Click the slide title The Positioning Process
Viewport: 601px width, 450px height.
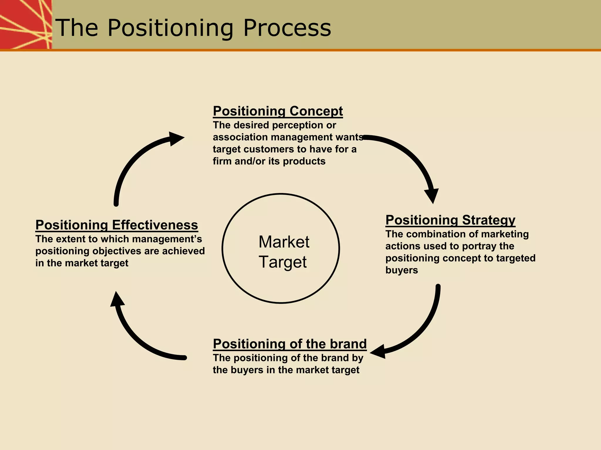[x=193, y=28]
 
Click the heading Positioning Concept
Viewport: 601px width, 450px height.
[x=278, y=111]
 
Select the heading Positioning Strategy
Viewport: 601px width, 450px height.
[x=450, y=220]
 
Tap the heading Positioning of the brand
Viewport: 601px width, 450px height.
[x=290, y=344]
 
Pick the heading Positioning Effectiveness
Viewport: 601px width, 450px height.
[x=117, y=225]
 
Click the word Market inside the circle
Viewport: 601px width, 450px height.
[x=284, y=242]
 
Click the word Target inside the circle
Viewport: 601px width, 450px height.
[x=283, y=262]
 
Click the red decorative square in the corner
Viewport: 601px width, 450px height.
[x=26, y=24]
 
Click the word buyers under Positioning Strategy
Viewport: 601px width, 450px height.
[x=401, y=270]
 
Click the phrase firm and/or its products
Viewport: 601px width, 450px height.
[x=269, y=161]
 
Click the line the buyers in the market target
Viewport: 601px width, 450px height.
[x=286, y=370]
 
